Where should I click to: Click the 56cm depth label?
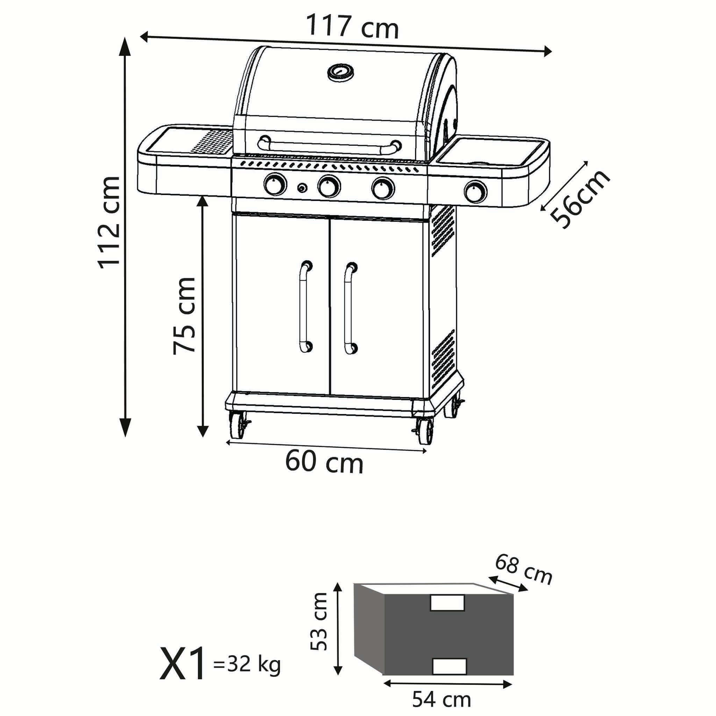click(x=580, y=200)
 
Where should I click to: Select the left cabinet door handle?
click(x=305, y=307)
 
